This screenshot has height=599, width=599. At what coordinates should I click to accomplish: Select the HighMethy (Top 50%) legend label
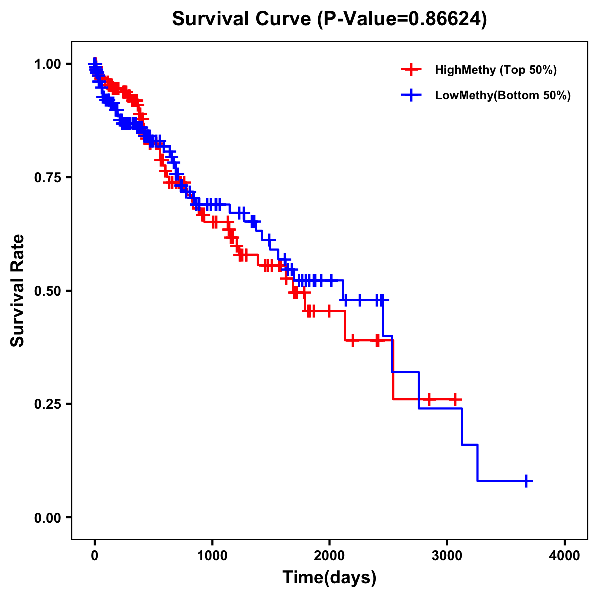pos(495,70)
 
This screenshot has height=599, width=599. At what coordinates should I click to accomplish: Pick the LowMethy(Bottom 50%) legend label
pos(503,95)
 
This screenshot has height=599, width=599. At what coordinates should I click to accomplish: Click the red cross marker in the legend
pos(411,70)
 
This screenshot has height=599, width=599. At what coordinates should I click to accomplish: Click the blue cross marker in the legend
pos(411,95)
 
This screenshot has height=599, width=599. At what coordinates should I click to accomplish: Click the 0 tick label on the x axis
pos(95,556)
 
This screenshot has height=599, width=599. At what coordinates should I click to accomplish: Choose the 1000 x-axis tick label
pos(212,556)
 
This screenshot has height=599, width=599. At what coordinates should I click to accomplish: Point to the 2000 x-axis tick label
pos(329,556)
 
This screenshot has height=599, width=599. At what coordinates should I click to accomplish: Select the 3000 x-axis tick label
pos(447,556)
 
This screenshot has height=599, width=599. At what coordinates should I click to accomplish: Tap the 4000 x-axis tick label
pos(565,556)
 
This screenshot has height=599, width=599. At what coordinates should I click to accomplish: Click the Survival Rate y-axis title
pos(18,291)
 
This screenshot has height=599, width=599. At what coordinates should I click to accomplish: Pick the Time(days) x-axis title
pos(329,578)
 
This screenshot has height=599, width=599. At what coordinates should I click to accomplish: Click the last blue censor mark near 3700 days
pos(526,481)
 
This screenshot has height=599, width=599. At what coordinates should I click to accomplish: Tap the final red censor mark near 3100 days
pos(455,399)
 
